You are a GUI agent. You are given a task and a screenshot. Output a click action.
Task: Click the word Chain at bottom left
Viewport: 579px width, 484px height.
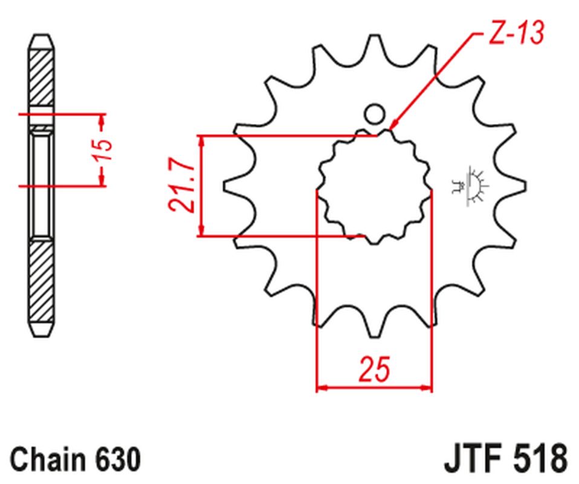(47, 460)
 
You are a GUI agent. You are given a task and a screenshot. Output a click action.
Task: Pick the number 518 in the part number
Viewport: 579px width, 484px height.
(540, 459)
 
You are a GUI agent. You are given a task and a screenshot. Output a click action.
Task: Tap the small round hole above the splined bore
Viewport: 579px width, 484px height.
(374, 114)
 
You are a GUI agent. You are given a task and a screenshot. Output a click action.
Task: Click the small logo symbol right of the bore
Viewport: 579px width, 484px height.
(471, 186)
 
